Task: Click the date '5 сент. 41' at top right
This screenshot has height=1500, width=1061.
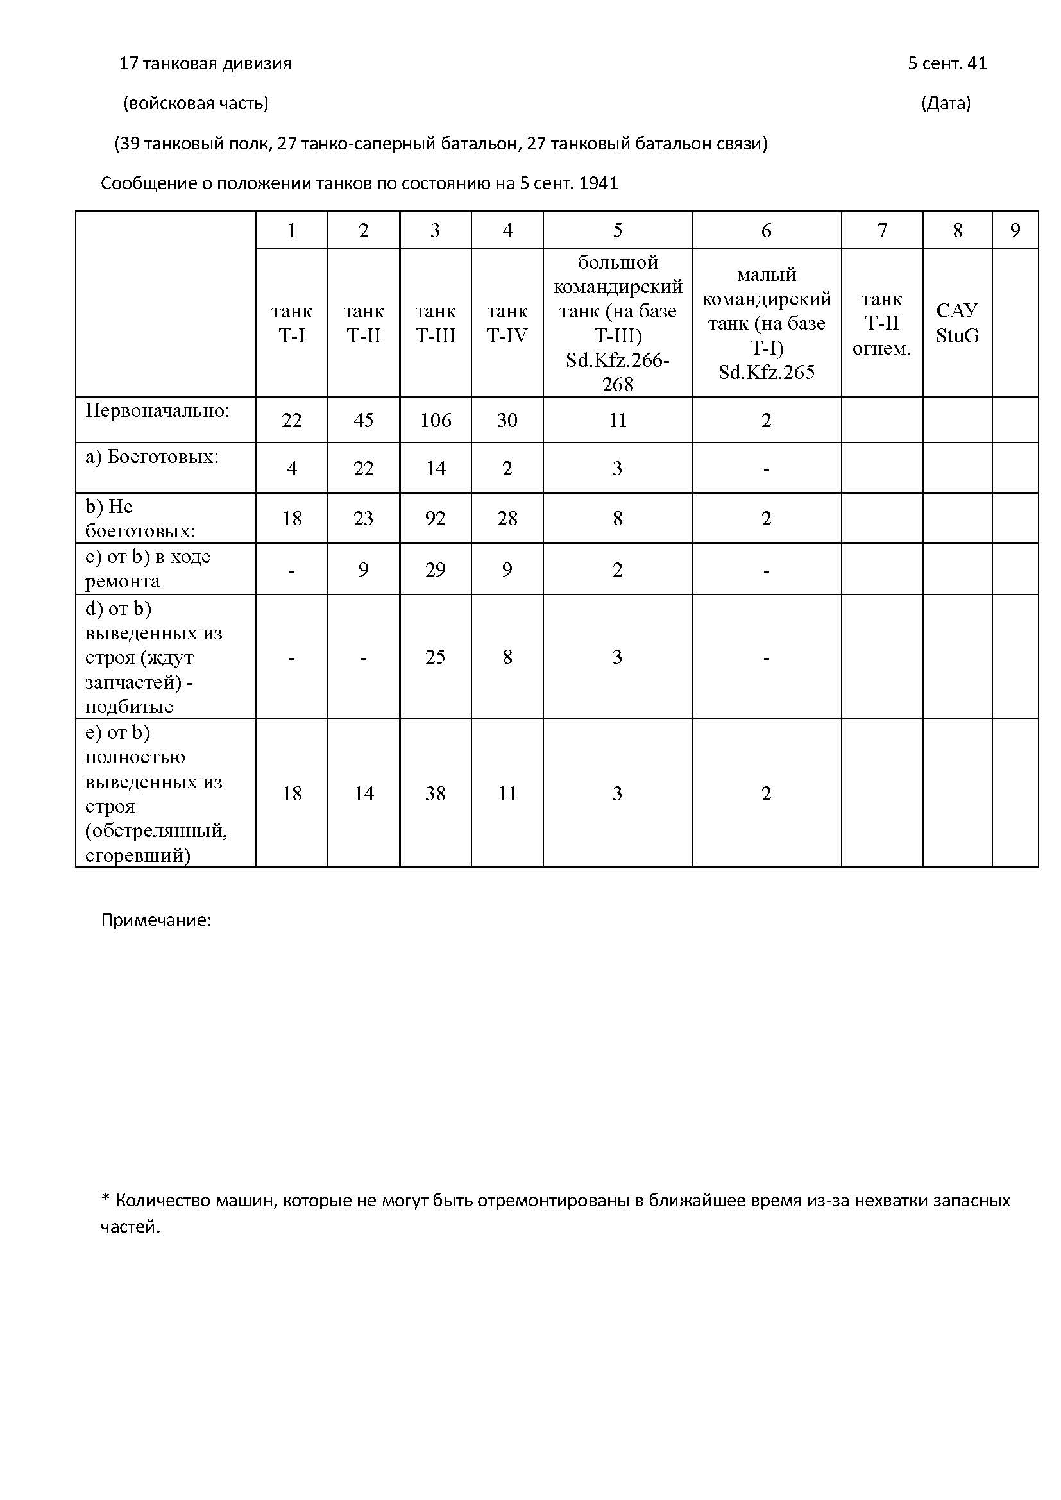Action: (x=947, y=63)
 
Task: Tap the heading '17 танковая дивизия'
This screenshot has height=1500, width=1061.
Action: (x=205, y=63)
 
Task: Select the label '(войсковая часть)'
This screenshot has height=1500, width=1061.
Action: (x=196, y=103)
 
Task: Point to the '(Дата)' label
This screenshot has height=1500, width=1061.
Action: (x=946, y=103)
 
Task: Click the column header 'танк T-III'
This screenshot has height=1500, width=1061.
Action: (x=435, y=323)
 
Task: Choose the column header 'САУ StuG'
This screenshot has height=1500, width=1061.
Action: (x=957, y=323)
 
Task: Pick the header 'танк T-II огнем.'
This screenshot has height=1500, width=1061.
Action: (x=881, y=323)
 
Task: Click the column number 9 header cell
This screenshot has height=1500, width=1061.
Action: (x=1015, y=230)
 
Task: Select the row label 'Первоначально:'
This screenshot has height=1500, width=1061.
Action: (x=157, y=411)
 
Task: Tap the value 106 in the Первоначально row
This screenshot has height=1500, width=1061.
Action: (x=435, y=420)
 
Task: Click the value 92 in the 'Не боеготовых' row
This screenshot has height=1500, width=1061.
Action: (x=435, y=518)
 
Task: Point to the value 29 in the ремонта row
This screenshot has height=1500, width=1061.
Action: (x=435, y=569)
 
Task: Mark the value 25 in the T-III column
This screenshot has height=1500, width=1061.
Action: (x=435, y=657)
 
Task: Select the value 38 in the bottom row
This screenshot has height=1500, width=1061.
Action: (x=435, y=793)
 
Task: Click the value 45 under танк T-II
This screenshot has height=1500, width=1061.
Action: (x=363, y=420)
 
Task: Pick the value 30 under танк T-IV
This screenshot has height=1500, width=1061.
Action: (x=507, y=420)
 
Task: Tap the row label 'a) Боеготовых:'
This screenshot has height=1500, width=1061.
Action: (x=152, y=457)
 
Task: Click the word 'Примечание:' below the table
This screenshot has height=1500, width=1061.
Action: (x=156, y=920)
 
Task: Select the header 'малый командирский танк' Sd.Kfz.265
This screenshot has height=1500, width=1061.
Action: (x=767, y=323)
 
